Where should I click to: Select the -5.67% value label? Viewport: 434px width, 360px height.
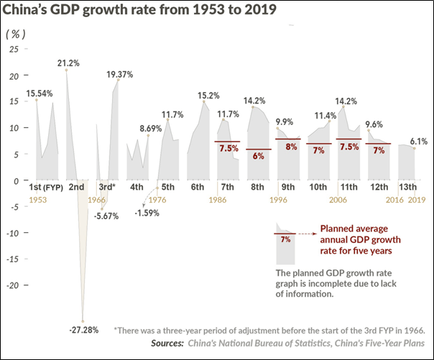click(x=109, y=216)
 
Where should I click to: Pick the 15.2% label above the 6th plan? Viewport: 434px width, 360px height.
click(x=208, y=95)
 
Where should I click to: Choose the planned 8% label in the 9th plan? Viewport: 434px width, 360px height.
click(x=291, y=147)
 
